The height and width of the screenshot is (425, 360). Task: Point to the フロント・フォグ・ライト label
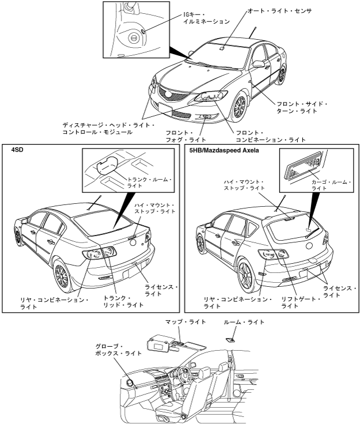[x=182, y=135]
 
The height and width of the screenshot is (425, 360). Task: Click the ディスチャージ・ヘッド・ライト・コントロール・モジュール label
[x=108, y=128]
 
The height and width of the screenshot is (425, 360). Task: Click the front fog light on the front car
[x=206, y=117]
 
